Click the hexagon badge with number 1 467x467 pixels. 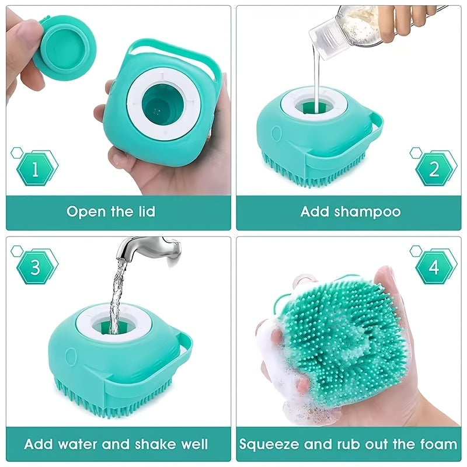point(36,169)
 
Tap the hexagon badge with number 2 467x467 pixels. point(434,169)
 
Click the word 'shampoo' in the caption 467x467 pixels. point(367,211)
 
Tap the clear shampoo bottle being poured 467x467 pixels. point(344,26)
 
